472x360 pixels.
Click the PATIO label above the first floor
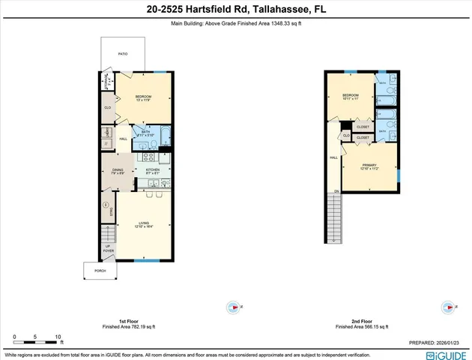point(122,55)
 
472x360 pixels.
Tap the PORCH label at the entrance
point(100,271)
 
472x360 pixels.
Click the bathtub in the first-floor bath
point(164,137)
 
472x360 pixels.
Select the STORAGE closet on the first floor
point(109,80)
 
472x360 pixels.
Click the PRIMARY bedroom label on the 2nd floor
point(369,166)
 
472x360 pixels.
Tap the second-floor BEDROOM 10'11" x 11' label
point(351,96)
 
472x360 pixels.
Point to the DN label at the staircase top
point(336,192)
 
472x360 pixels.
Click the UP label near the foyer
point(108,247)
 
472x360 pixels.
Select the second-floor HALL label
point(332,157)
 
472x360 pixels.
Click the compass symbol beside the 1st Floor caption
point(233,307)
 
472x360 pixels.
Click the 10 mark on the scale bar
point(58,337)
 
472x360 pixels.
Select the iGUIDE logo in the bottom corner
point(446,355)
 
